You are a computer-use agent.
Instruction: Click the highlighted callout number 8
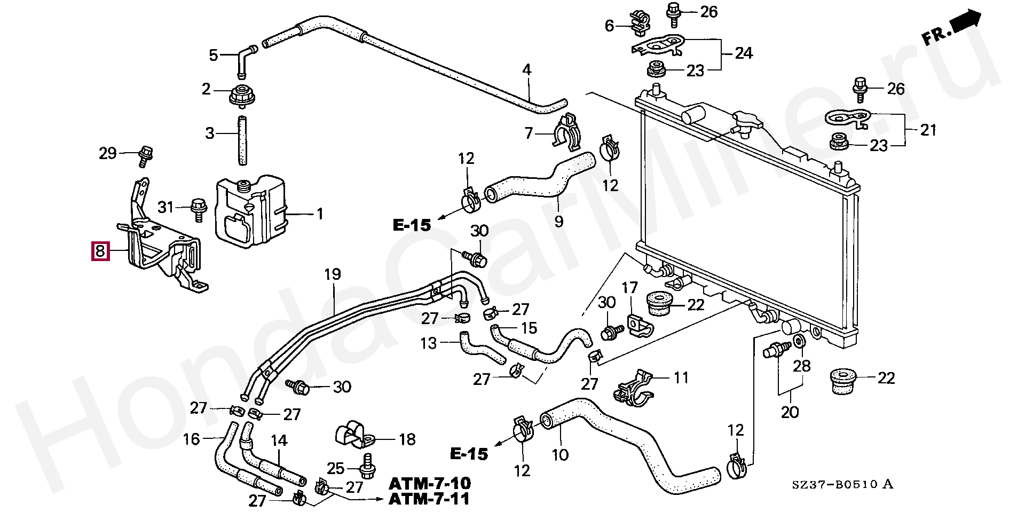click(100, 250)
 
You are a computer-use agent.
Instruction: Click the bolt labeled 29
click(144, 154)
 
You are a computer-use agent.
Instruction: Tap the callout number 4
click(527, 69)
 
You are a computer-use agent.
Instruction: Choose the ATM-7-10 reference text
click(430, 484)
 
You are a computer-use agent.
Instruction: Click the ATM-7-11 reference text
click(430, 500)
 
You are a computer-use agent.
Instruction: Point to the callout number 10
click(560, 455)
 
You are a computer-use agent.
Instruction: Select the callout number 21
click(928, 130)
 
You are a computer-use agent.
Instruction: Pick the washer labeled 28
click(799, 342)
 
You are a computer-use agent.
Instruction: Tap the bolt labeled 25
click(367, 468)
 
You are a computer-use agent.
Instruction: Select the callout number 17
click(630, 288)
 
